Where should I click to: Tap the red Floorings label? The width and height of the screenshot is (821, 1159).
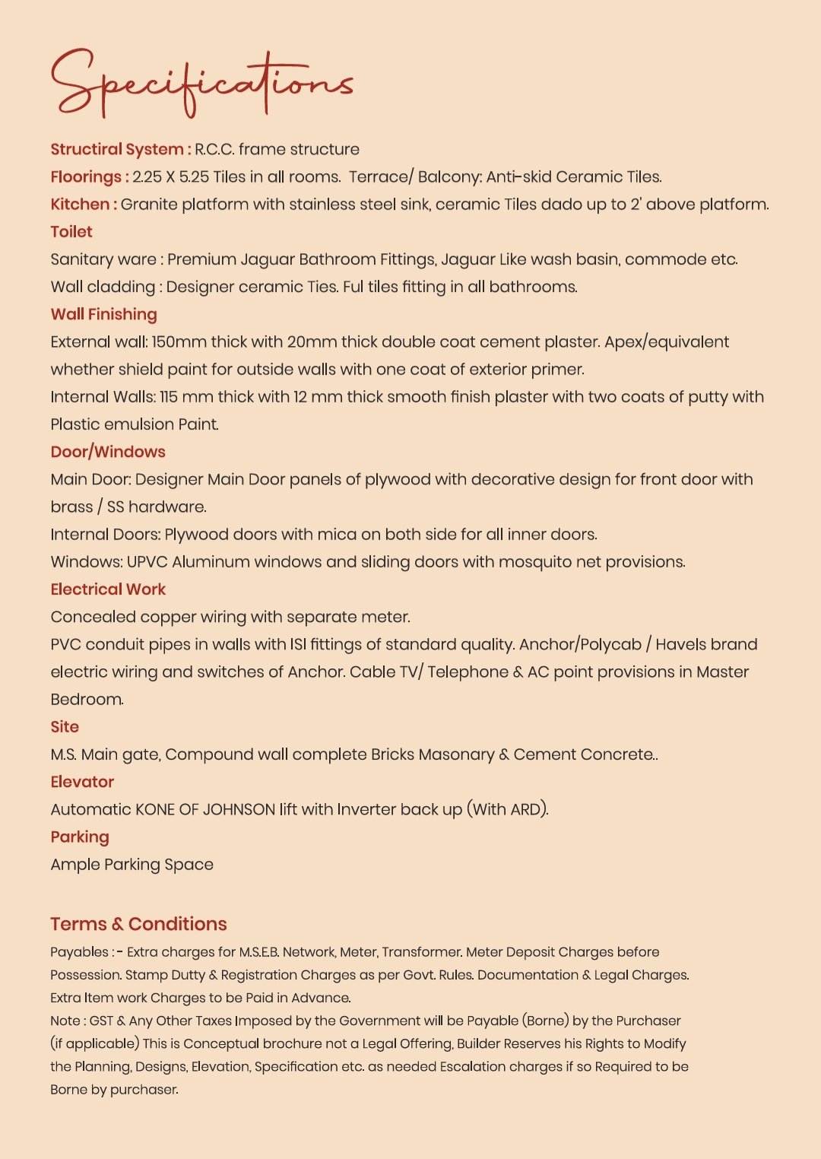(x=86, y=177)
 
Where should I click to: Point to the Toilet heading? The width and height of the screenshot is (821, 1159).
(x=71, y=232)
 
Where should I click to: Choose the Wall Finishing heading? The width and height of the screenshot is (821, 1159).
(x=103, y=314)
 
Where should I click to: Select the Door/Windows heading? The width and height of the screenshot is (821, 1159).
(x=108, y=452)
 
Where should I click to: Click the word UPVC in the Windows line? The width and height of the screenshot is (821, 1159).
(x=147, y=562)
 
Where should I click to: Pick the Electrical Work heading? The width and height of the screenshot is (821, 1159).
(x=108, y=589)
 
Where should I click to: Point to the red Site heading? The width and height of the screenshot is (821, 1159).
(x=65, y=727)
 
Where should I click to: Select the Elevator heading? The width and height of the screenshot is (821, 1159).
(x=82, y=782)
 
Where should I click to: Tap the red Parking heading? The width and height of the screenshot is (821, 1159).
(x=80, y=837)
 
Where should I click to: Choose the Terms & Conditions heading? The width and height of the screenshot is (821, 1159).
(x=138, y=924)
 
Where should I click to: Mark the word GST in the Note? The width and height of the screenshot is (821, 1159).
(x=101, y=1021)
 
